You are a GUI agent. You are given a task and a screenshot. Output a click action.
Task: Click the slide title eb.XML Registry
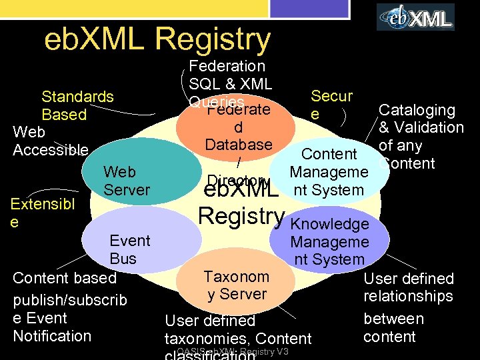pos(157,39)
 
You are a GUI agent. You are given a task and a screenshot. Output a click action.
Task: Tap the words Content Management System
pos(329,172)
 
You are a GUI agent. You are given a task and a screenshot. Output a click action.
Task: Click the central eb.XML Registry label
pos(241,203)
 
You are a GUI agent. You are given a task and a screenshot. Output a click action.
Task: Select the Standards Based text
pos(77,105)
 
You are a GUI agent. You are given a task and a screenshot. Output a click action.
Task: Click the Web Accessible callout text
pos(50,141)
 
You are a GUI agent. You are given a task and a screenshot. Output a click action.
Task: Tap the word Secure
pos(331,105)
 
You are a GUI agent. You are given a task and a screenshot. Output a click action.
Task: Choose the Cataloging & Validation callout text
pos(419,137)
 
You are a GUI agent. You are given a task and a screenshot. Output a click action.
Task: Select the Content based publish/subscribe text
pos(69,307)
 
